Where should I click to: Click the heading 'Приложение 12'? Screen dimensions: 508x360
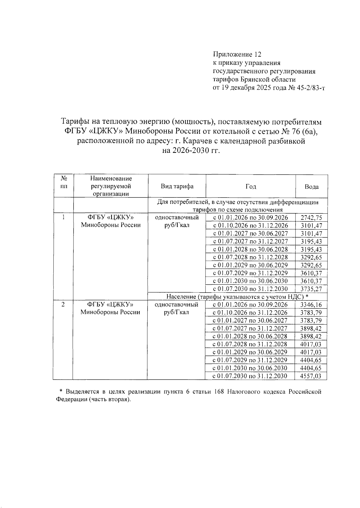coord(237,55)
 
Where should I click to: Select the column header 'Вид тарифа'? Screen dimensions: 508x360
coord(177,186)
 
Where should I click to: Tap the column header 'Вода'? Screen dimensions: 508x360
coord(311,187)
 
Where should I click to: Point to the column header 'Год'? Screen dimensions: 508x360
coord(250,186)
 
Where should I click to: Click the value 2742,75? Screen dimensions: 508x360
coord(311,218)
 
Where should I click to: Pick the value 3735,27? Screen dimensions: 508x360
coord(311,289)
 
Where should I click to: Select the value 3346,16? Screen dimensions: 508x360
coord(311,305)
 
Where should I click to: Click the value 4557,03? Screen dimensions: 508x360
coord(311,376)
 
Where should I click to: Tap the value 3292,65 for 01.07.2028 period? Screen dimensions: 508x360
coord(311,257)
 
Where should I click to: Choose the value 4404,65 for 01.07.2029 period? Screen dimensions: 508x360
coord(311,360)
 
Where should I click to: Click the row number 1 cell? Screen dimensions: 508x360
coord(64,217)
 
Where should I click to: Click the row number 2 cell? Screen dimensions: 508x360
coord(63,305)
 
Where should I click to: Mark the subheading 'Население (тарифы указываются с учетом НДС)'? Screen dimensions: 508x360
coord(237,297)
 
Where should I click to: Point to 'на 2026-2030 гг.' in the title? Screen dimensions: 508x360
coord(191,151)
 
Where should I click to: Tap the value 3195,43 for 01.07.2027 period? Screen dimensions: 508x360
coord(311,242)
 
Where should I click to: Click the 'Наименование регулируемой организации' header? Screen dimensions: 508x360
coord(111,186)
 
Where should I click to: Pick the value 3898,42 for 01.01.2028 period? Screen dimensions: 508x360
coord(311,337)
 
